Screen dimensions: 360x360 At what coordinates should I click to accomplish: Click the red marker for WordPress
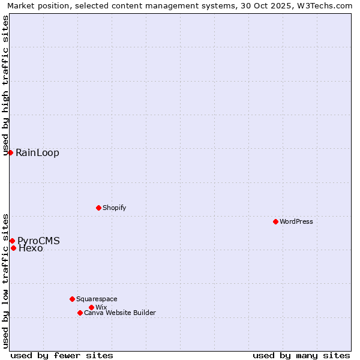[275, 221]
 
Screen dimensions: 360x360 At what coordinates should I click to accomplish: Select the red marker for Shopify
[98, 208]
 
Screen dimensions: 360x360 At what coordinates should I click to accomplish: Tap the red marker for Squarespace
[72, 299]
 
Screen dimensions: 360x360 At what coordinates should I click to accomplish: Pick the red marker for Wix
[91, 307]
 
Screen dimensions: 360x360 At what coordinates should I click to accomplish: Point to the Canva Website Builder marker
[80, 313]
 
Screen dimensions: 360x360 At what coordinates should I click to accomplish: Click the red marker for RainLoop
[10, 152]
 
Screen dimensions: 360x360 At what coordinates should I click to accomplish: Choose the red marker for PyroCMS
[12, 241]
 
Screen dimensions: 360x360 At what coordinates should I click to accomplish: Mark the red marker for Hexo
[13, 248]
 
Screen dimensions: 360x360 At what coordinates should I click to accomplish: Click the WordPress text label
[296, 221]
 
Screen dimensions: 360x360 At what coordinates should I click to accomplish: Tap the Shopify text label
[114, 208]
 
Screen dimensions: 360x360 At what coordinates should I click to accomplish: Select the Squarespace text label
[97, 299]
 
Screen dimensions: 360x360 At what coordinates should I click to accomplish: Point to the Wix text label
[101, 307]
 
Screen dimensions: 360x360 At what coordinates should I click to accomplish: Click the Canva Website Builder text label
[119, 313]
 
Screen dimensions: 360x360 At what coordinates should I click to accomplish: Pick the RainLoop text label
[37, 152]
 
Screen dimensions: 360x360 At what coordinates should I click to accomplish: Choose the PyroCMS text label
[38, 241]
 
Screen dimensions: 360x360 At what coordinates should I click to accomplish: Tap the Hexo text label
[31, 248]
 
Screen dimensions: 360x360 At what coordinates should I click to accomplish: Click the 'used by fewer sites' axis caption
[62, 355]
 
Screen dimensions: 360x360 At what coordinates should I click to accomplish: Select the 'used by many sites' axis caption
[301, 355]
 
